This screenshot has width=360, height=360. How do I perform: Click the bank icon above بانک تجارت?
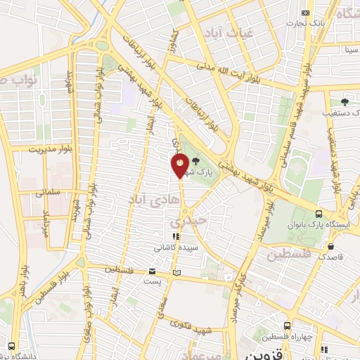[x=304, y=13]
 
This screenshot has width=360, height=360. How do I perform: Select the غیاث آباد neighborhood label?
[x=223, y=32]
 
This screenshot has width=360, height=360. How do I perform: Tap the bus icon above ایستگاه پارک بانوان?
[x=319, y=214]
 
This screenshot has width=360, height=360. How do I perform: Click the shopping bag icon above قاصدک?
[x=331, y=246]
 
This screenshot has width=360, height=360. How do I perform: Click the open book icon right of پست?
[x=176, y=272]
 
